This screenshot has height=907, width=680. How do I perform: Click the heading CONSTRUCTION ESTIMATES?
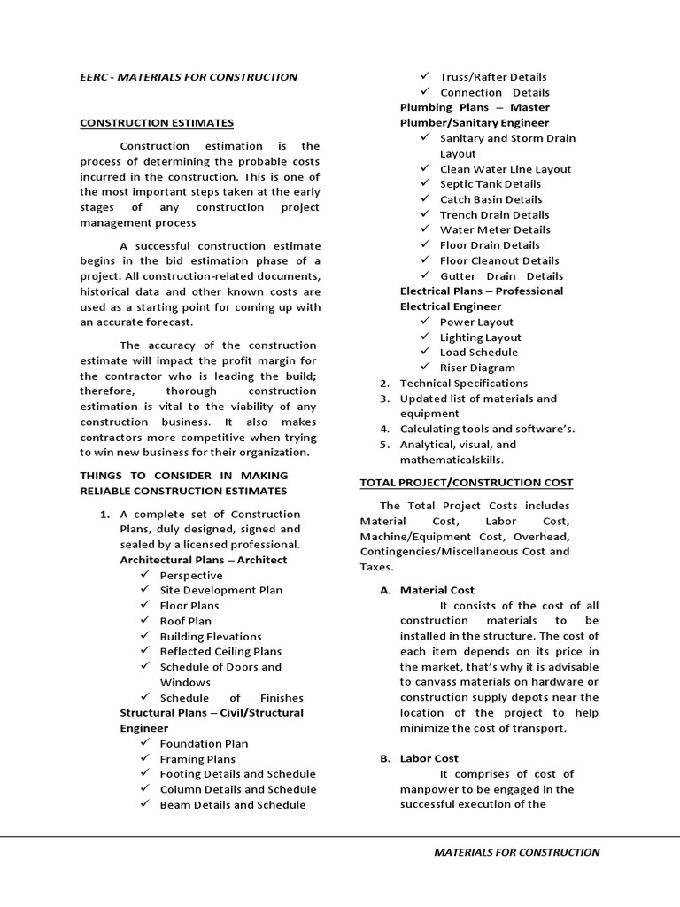click(x=157, y=122)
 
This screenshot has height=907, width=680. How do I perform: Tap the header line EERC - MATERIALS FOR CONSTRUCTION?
click(x=189, y=77)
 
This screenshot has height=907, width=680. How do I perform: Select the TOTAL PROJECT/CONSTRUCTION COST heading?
click(x=466, y=482)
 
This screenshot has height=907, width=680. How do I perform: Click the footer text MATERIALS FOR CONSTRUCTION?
click(x=516, y=852)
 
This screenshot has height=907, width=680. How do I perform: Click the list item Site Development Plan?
click(x=220, y=590)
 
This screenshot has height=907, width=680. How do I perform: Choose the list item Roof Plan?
click(x=185, y=621)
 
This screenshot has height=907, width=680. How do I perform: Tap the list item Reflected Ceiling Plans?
click(x=220, y=651)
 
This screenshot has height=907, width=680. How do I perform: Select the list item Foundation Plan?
click(x=204, y=743)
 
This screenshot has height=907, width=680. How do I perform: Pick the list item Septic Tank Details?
click(x=491, y=184)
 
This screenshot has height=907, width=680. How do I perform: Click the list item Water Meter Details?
click(x=495, y=229)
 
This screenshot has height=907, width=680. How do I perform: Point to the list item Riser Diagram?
click(x=477, y=368)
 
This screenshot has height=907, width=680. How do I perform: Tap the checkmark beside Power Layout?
click(x=426, y=322)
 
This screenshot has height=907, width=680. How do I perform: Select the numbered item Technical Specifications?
click(x=463, y=383)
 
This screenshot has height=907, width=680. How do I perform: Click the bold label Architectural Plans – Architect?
click(x=203, y=560)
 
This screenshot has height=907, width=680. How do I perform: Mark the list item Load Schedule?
click(x=478, y=352)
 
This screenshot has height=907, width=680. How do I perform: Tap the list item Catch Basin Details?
click(x=491, y=199)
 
